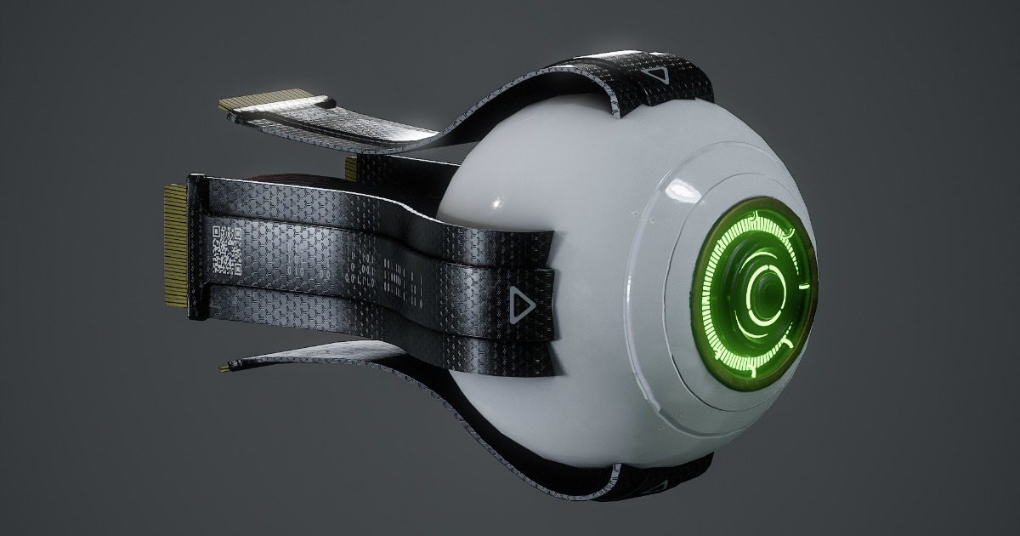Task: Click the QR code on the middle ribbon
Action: pos(226,249)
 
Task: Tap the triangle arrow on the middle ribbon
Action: pos(519,302)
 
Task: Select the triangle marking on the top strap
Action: pos(659,74)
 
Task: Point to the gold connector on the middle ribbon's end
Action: pos(175,246)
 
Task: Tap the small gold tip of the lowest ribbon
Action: pos(224,368)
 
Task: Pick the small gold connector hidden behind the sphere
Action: pos(351,168)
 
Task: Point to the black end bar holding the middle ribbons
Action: pos(196,247)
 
